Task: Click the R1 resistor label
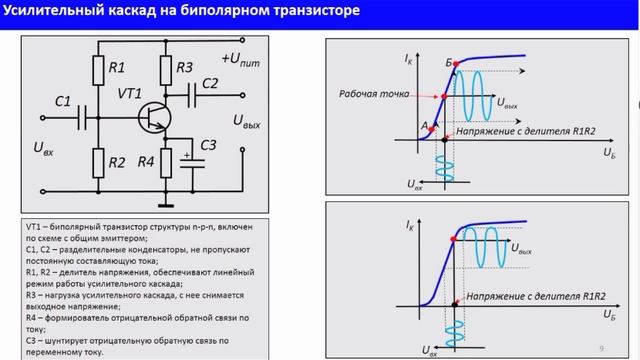[x=117, y=68]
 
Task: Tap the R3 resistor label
[x=184, y=68]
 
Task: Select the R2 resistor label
[x=117, y=162]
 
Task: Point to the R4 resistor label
[x=146, y=162]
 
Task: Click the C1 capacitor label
[x=63, y=101]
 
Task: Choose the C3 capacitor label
[x=207, y=146]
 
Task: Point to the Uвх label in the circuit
[x=44, y=148]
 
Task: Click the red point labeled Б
[x=455, y=64]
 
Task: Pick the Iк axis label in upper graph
[x=408, y=60]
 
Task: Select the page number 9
[x=601, y=347]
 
